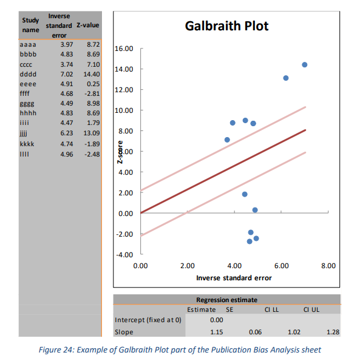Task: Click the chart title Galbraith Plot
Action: click(x=226, y=25)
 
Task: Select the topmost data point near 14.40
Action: click(x=305, y=65)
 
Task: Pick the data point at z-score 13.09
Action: click(x=286, y=78)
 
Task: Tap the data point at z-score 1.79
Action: click(x=245, y=194)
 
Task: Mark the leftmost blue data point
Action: click(x=227, y=140)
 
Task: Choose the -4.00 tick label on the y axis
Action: click(x=124, y=255)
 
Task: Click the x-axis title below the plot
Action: click(x=234, y=278)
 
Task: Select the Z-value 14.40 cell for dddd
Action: click(x=92, y=74)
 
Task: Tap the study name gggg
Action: click(x=27, y=104)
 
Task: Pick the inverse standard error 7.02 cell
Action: click(x=67, y=74)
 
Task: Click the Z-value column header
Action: click(x=88, y=25)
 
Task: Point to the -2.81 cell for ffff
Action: click(x=92, y=93)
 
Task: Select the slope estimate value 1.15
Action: click(x=217, y=332)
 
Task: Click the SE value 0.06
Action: click(x=255, y=332)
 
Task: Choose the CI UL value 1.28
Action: click(x=333, y=332)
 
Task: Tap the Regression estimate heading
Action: click(x=226, y=300)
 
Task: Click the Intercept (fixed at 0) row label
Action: click(x=148, y=320)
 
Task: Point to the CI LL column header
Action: click(x=271, y=309)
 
